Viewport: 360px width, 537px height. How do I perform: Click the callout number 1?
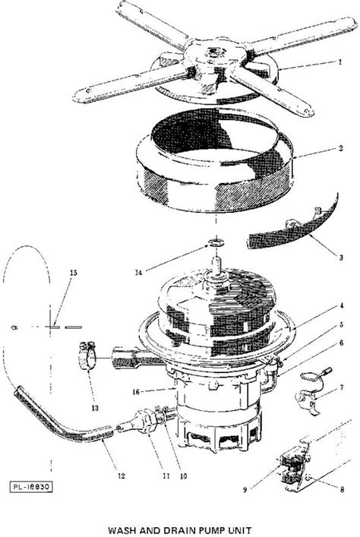(x=340, y=62)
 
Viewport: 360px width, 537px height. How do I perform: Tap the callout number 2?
(x=340, y=148)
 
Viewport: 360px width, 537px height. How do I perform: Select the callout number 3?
(x=341, y=257)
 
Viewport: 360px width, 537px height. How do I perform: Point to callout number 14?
(x=138, y=273)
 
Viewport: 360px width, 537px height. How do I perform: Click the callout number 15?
(x=74, y=273)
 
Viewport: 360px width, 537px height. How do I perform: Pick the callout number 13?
(x=95, y=408)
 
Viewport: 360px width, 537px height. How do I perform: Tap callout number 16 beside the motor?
(x=136, y=392)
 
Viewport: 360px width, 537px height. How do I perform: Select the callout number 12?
(x=122, y=476)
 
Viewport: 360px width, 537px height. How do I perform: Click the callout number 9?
(x=245, y=490)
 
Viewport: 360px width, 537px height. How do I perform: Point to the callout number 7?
(x=342, y=387)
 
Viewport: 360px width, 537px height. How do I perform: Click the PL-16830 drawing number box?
(x=31, y=487)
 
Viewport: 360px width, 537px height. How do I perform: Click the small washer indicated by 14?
(x=216, y=243)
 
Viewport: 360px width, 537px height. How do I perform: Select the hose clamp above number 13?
(x=88, y=355)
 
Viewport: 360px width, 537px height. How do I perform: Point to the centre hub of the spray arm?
(x=215, y=56)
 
